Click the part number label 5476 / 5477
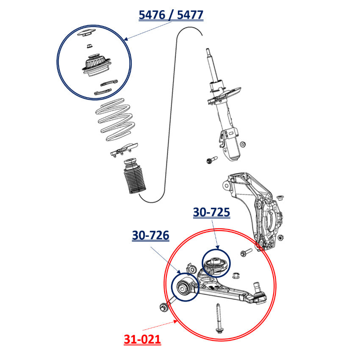pos(171,15)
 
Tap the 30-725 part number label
pos(211,212)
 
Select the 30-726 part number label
pos(151,235)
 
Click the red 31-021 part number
pos(142,339)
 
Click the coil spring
pos(115,119)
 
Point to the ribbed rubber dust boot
pos(134,176)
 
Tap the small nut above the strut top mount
pos(89,46)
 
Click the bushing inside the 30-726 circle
pos(183,287)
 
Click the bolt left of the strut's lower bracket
pos(212,160)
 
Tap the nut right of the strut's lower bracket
pos(242,144)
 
